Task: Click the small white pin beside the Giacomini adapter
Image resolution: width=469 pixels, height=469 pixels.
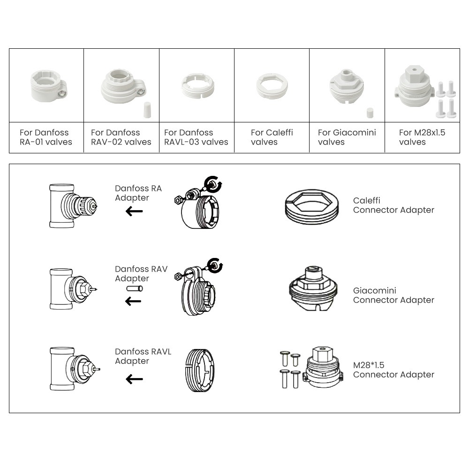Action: tap(370, 113)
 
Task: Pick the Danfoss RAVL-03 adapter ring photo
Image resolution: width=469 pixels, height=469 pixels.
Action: tap(197, 86)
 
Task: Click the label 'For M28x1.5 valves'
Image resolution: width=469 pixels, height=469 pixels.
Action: tap(422, 137)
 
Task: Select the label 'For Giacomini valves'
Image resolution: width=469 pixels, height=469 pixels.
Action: tap(347, 137)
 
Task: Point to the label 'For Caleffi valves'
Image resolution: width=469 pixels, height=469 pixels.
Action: tap(272, 137)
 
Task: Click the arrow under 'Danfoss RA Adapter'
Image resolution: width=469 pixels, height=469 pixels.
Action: tap(134, 212)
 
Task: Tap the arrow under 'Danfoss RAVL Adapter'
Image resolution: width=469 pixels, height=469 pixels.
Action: tap(134, 379)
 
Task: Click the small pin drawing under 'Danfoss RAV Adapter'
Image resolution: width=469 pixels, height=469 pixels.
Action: tap(134, 289)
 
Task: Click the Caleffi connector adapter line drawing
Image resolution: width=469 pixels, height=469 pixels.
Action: tap(311, 206)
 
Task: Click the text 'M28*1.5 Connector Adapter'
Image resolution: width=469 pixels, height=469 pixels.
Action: tap(393, 370)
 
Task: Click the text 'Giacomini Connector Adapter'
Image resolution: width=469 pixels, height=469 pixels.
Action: tap(393, 295)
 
